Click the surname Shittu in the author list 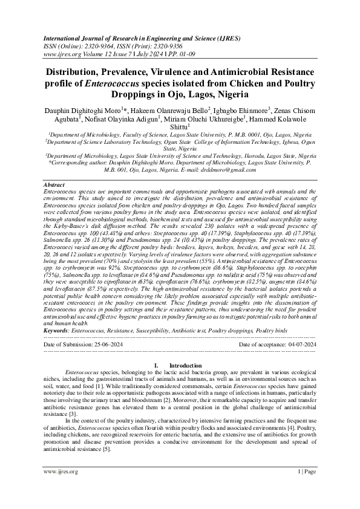(x=179, y=126)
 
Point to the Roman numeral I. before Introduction (x=157, y=366)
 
